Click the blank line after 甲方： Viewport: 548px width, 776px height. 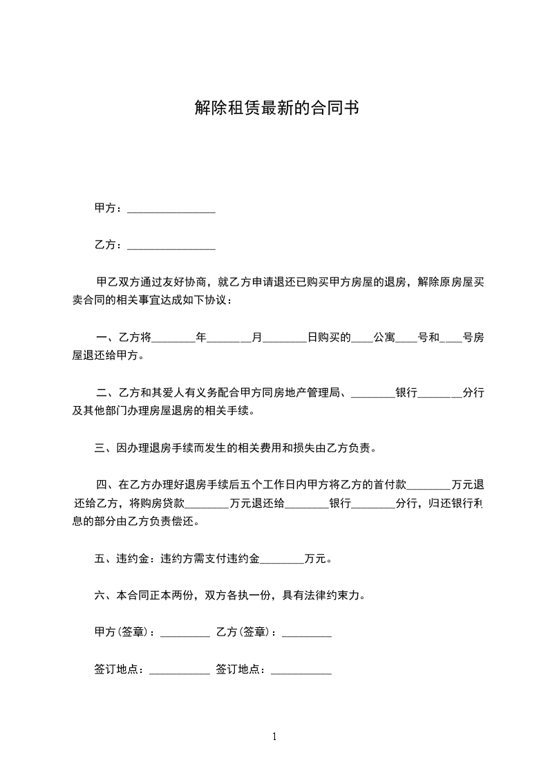[x=171, y=209]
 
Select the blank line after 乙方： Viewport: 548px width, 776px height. [x=171, y=245]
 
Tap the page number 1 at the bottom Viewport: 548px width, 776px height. [x=274, y=737]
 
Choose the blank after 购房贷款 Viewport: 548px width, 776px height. [x=207, y=504]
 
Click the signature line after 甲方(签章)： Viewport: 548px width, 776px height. [x=185, y=632]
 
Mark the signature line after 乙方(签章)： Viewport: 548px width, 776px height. [x=306, y=632]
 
